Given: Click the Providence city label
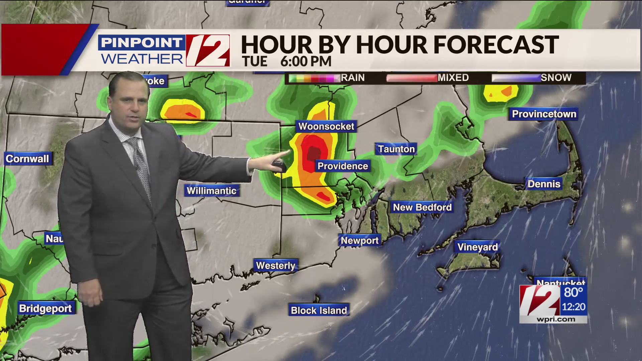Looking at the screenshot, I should (342, 166).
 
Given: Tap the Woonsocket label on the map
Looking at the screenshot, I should (326, 126).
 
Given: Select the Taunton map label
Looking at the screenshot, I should (396, 149).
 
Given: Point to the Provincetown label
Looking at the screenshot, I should (544, 114).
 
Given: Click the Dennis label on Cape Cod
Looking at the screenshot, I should (544, 184).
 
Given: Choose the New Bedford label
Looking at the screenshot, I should (422, 207).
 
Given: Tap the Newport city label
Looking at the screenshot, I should (359, 241).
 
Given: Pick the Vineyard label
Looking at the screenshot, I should (477, 247).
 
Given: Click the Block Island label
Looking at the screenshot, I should (319, 311).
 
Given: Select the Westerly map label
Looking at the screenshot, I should (276, 266).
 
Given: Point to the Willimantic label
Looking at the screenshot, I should (211, 191).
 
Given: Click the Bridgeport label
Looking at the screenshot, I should (45, 309).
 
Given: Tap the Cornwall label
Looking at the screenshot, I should (27, 159).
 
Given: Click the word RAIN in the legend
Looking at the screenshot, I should (353, 78).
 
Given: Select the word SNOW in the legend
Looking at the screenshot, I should (556, 78).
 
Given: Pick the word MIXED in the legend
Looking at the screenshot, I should (453, 78).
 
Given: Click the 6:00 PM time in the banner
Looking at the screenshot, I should (306, 62).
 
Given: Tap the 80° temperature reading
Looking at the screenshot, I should (573, 292).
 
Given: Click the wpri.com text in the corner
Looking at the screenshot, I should (556, 319).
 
